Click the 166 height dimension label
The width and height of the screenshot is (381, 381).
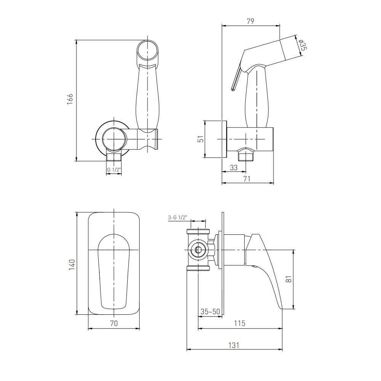tap(70, 99)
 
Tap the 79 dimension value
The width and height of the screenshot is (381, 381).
tap(250, 21)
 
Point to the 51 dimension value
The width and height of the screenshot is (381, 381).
tap(201, 139)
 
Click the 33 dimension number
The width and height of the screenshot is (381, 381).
tap(234, 168)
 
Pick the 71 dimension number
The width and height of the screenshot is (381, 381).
tap(247, 179)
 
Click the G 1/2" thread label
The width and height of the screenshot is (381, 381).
tap(114, 170)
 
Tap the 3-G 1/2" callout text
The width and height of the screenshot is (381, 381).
tap(178, 218)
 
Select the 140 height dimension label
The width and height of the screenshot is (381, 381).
tap(72, 265)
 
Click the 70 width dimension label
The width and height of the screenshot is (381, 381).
tap(114, 323)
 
